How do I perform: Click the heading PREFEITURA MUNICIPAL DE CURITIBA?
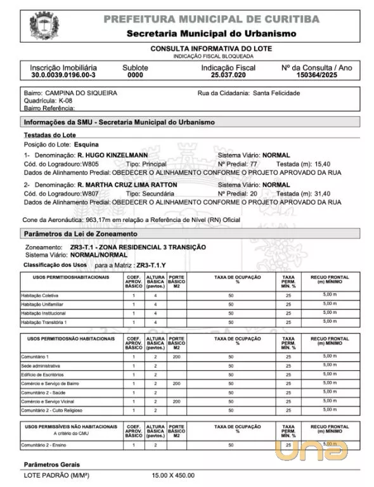coord(211,19)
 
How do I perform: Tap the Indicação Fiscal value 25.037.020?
coord(228,75)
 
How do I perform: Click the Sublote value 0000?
coord(135,75)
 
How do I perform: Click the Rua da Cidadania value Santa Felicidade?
coord(277,93)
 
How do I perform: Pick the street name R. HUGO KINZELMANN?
coord(112,154)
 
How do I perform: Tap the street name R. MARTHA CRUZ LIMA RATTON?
coord(127,185)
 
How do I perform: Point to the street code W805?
coord(89,163)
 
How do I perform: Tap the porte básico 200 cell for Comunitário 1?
coord(176,357)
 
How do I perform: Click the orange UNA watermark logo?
coord(311,450)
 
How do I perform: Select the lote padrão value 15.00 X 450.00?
coord(173,475)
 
